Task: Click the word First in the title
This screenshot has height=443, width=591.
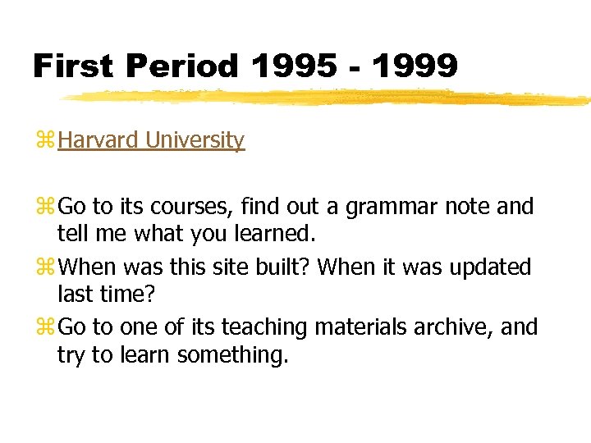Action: (x=72, y=66)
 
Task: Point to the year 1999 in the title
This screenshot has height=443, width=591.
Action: (x=415, y=66)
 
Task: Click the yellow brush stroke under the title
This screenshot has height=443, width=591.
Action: (x=328, y=98)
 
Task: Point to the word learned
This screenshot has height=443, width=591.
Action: (x=274, y=234)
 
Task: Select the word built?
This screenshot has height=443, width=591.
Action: (x=284, y=267)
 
